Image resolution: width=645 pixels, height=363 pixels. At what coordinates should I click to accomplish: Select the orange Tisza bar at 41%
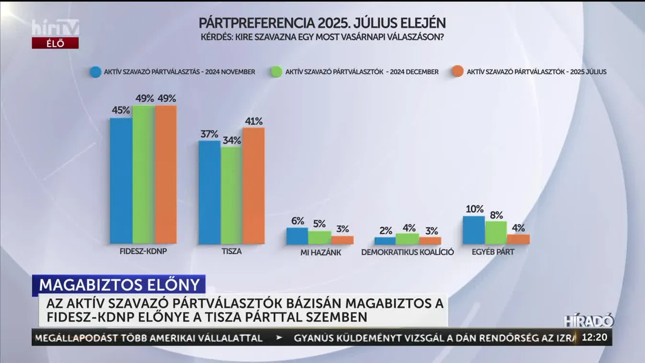coord(253,185)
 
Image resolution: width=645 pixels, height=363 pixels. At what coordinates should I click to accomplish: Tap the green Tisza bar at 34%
coord(231,195)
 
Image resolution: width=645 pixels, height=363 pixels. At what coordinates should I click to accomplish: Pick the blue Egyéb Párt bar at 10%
coord(474,230)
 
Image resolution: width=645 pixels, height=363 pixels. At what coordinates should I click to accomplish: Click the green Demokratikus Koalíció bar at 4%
coord(407,239)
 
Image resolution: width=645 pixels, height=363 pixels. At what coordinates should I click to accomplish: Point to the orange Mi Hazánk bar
coord(342,240)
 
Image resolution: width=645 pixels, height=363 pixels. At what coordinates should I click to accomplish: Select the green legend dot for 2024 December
coord(277,72)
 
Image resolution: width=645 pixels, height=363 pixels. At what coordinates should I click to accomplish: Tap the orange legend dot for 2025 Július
coord(457,72)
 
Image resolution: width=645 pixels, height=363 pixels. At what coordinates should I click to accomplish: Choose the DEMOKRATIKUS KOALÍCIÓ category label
coord(407,252)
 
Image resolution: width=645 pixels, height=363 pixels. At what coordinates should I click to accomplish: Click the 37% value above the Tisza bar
coord(209,134)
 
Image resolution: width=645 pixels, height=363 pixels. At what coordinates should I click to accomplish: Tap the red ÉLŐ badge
coord(55,43)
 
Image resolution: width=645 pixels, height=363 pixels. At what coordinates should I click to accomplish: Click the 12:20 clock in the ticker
coord(594,337)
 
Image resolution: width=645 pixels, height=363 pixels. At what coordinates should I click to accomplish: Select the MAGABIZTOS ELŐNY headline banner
coord(119,284)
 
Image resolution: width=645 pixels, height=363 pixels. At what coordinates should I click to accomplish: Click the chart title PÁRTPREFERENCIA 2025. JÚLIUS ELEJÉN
coord(322,23)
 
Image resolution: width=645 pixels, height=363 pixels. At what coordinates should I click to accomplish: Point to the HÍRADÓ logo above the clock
coord(588,321)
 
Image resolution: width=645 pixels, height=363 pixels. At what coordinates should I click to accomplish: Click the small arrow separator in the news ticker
coord(279,338)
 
